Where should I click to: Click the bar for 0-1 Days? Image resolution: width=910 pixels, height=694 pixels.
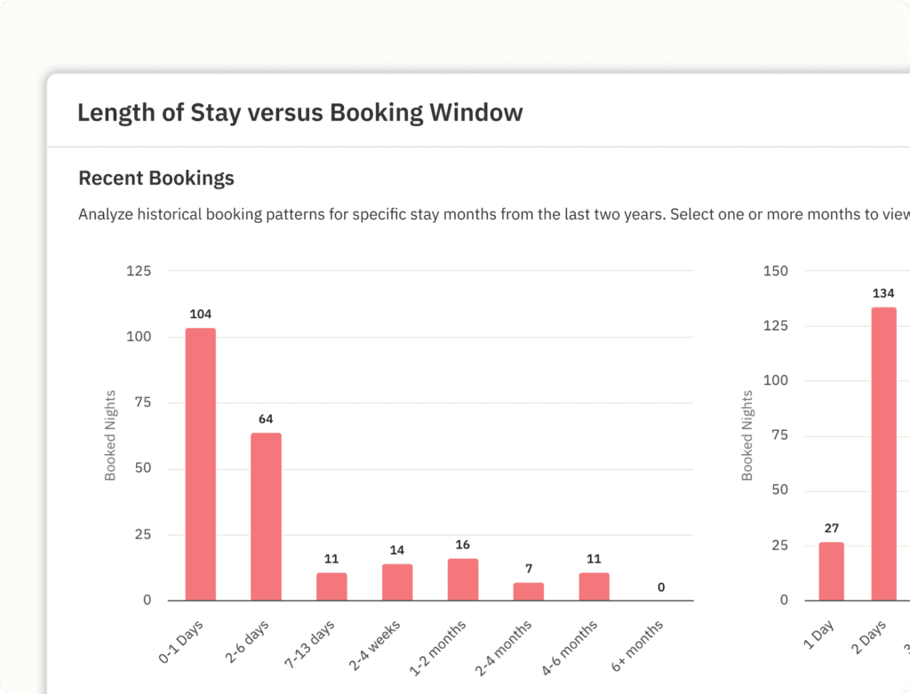click(x=201, y=464)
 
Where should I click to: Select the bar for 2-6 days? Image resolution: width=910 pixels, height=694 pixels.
click(x=266, y=516)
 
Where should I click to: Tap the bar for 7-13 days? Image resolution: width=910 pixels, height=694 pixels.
click(x=331, y=586)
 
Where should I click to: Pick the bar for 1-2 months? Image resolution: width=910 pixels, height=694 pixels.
click(x=463, y=579)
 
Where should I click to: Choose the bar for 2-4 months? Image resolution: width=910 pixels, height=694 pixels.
click(x=529, y=591)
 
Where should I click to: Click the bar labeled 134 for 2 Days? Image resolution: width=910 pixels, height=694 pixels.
click(x=883, y=453)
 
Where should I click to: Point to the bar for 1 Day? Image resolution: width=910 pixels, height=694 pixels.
click(x=831, y=571)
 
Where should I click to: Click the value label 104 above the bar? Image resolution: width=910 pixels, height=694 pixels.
click(x=201, y=314)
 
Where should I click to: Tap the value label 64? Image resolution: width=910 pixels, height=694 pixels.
click(x=266, y=419)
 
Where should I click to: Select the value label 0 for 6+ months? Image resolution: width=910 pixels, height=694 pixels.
click(x=660, y=587)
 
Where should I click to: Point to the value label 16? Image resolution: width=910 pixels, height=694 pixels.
click(x=463, y=545)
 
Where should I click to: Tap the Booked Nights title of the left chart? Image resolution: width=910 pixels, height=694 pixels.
click(x=111, y=435)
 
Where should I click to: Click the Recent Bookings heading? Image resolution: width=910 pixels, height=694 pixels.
click(x=156, y=178)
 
